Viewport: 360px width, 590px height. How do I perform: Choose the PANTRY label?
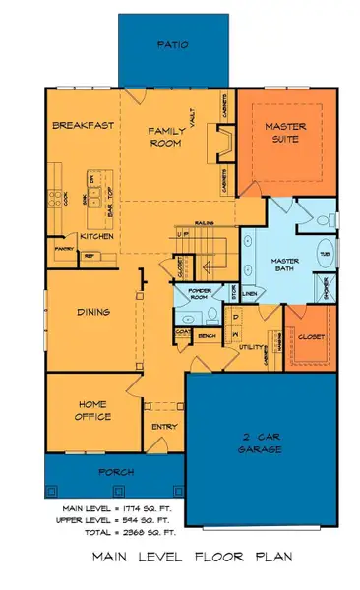[65, 249]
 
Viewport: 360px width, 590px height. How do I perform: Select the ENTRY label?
[163, 426]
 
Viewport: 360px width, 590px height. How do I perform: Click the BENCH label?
[207, 336]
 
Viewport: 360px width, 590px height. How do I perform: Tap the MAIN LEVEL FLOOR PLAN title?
[180, 558]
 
